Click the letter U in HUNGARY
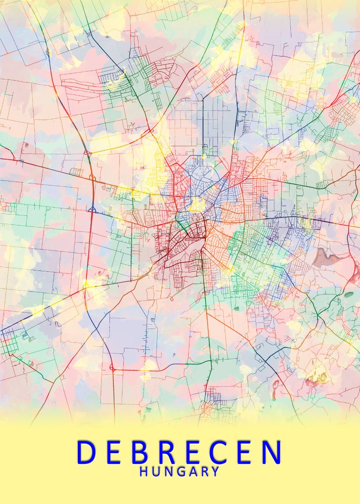tap(155, 472)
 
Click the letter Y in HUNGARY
tap(215, 472)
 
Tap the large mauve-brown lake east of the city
tap(326, 257)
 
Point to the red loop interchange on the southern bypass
tap(112, 369)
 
